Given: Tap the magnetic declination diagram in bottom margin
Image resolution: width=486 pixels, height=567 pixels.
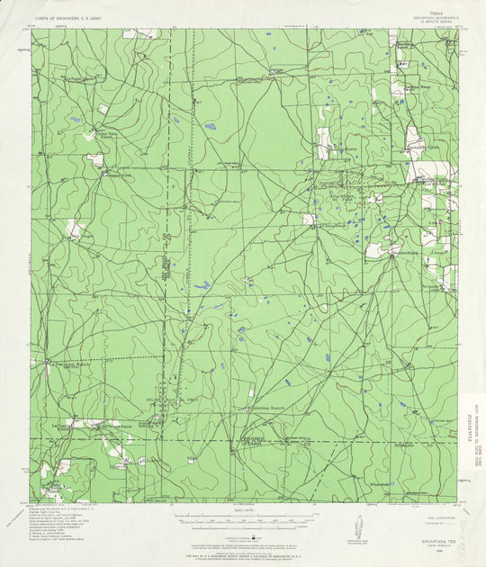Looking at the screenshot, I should point(358,526).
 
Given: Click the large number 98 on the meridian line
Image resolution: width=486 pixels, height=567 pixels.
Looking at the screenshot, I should point(166,236).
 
